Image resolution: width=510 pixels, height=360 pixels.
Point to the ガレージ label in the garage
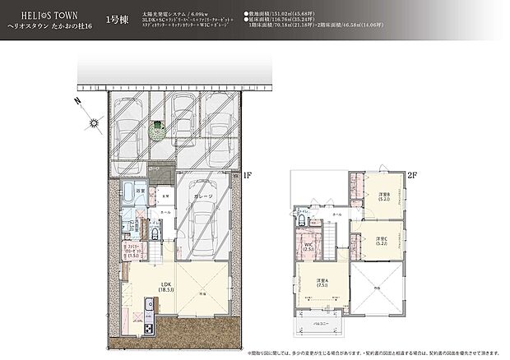click(205, 196)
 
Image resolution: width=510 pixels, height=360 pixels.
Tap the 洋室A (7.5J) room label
click(322, 285)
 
